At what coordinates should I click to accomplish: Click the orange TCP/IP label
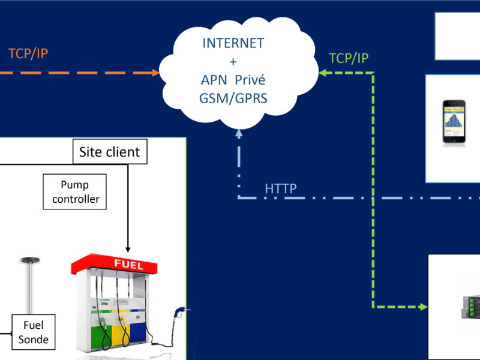tap(28, 53)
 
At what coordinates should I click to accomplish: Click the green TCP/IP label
tap(349, 58)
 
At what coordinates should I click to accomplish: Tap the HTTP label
tap(281, 189)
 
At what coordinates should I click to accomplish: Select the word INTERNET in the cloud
tap(233, 44)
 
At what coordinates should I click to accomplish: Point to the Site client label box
tap(109, 152)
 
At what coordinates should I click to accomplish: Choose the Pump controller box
tap(75, 191)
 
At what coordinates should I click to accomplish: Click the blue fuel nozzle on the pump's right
tap(180, 313)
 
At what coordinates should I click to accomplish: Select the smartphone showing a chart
tap(455, 122)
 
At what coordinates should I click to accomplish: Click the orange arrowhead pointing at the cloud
tap(155, 73)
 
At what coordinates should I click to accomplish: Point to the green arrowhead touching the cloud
tap(322, 73)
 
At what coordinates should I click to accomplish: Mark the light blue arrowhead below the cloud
tap(238, 133)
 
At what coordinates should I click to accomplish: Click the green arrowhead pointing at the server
tap(424, 307)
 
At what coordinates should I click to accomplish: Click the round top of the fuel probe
tap(28, 260)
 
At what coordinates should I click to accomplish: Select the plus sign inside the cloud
tap(233, 62)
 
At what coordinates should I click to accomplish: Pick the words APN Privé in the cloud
tap(233, 80)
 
